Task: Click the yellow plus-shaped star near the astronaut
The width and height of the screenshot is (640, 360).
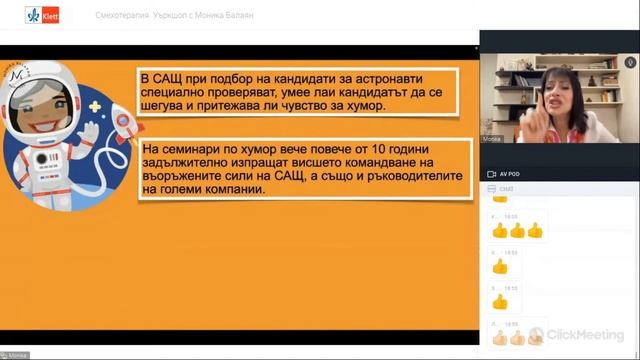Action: tap(96, 106)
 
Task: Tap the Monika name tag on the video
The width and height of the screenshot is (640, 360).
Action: tap(493, 139)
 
